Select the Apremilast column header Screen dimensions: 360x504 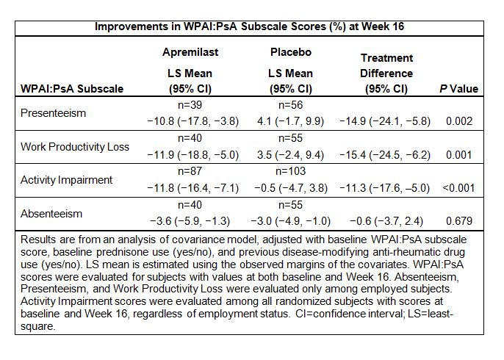[x=190, y=52]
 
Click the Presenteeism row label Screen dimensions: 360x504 [x=54, y=114]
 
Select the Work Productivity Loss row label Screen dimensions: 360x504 [x=75, y=147]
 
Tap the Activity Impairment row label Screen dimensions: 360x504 [x=67, y=180]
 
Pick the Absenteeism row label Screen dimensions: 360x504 [x=51, y=214]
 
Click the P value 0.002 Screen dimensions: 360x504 [x=459, y=121]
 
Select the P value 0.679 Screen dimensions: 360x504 [x=459, y=220]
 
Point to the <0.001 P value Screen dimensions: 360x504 [x=459, y=187]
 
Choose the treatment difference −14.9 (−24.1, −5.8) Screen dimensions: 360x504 [x=386, y=121]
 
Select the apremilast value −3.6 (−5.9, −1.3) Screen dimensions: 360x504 [x=190, y=220]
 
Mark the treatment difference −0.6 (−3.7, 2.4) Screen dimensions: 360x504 [x=386, y=220]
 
